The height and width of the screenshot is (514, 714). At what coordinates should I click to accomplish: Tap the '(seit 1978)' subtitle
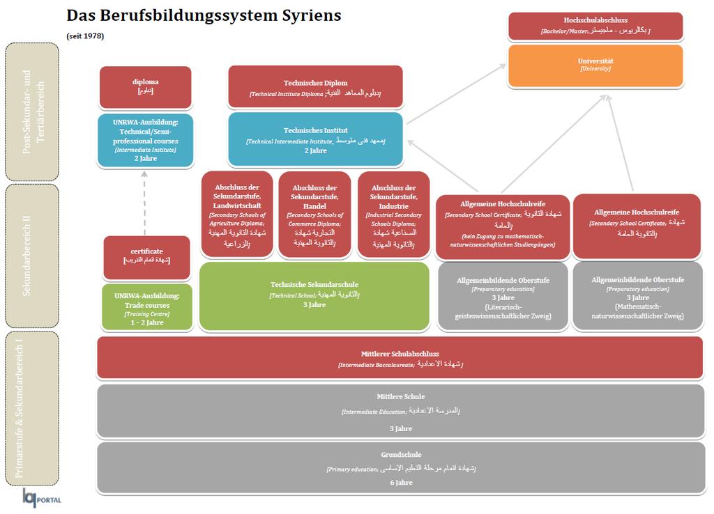coord(85,36)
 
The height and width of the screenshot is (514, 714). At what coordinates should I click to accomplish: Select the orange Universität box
coord(595,65)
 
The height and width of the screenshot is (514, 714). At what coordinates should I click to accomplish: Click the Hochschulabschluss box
coord(595,26)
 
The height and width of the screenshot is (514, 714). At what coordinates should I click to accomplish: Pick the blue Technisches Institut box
coord(315,139)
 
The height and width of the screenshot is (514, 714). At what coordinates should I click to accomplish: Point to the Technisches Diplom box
coord(315,87)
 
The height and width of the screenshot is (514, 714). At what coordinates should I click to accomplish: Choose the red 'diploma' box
coord(145,86)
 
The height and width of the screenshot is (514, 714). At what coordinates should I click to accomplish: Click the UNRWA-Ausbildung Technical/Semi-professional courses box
coord(145,141)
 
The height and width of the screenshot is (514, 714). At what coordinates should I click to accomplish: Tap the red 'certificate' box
coord(146,256)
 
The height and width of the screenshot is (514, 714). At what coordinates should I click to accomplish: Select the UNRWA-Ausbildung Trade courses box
coord(146,306)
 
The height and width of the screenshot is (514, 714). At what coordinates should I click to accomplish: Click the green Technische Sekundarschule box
coord(314,296)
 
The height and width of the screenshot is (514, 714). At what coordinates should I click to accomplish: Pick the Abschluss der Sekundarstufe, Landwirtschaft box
coord(237,215)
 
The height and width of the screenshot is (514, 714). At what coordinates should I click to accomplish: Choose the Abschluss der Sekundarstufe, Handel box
coord(314,215)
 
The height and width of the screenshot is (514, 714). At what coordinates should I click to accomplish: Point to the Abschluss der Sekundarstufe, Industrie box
coord(393,215)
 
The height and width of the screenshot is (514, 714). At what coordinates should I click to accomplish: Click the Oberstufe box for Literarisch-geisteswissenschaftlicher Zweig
coord(503,297)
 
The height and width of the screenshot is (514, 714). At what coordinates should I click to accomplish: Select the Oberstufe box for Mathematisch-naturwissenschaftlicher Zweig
coord(637,297)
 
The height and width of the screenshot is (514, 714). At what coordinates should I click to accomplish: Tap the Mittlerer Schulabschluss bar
coord(400,358)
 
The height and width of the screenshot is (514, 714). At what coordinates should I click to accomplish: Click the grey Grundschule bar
coord(400,467)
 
